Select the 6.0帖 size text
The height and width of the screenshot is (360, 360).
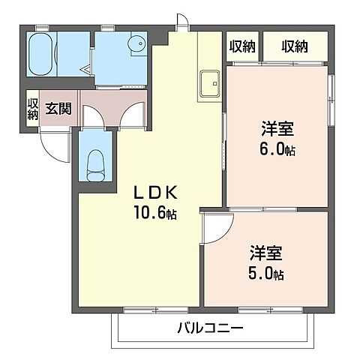[278, 148]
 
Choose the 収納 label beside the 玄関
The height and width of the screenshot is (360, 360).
[33, 109]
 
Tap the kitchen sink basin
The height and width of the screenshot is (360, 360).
[210, 82]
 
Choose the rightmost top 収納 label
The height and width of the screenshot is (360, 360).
[295, 46]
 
